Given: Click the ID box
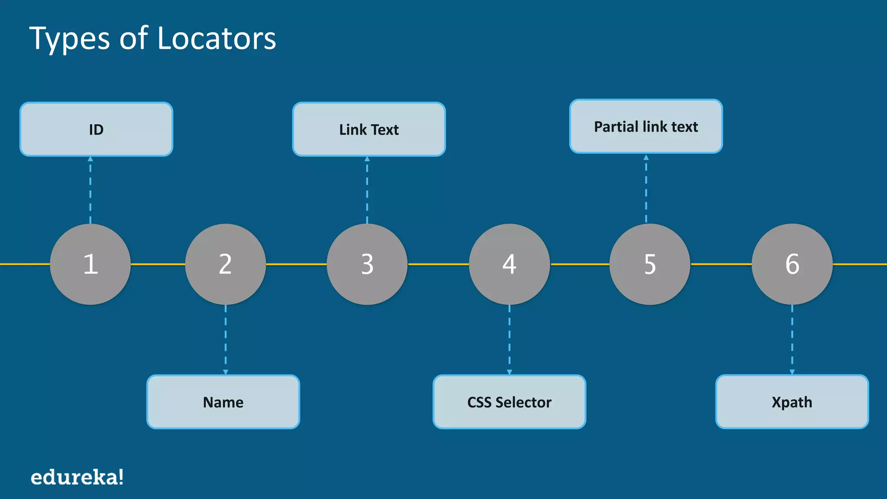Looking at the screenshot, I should (96, 129).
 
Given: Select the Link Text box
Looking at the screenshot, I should (369, 129).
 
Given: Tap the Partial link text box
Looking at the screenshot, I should (646, 126).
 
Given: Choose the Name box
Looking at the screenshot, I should (223, 402).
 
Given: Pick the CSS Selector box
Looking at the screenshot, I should (509, 402).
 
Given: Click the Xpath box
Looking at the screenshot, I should (792, 402).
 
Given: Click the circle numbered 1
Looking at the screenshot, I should (90, 264).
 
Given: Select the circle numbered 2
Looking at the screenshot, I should (225, 264).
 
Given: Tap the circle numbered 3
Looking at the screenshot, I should (367, 264).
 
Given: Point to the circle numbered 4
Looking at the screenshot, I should (509, 264).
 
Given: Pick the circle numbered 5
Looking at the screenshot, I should (650, 264).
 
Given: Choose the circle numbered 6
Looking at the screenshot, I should (792, 264).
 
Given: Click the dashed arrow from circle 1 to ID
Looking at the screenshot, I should (90, 191).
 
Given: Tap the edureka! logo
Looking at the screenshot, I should (77, 477).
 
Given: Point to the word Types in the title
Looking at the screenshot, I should (69, 39).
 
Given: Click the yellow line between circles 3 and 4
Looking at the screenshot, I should (438, 264).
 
